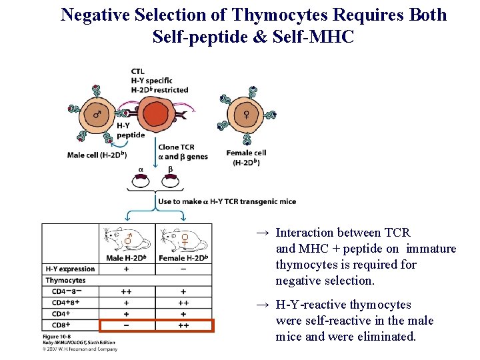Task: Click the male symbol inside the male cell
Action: (97, 115)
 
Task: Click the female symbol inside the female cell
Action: (246, 115)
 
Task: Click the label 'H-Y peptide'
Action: (130, 130)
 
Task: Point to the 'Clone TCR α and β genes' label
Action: (182, 152)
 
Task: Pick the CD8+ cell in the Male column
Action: (126, 325)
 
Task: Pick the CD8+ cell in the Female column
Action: (183, 325)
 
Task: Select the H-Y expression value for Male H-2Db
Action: (126, 269)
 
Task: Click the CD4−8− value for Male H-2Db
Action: (126, 291)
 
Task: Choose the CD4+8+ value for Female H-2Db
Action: (183, 302)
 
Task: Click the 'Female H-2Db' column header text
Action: (183, 258)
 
